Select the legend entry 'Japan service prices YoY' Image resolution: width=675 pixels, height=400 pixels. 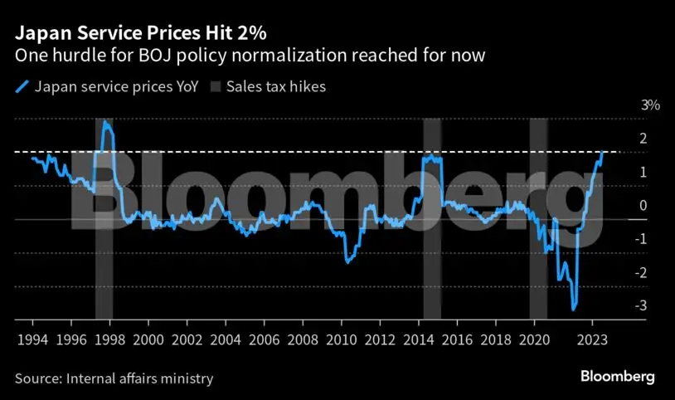tap(104, 86)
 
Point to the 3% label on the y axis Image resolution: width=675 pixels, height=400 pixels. tap(627, 105)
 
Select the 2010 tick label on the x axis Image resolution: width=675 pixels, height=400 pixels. tap(342, 339)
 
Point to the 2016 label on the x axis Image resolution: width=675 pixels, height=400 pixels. tap(458, 339)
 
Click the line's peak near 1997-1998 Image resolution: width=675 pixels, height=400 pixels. tap(105, 122)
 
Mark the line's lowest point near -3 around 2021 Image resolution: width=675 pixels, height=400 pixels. tap(573, 310)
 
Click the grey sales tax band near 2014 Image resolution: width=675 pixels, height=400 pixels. tap(432, 249)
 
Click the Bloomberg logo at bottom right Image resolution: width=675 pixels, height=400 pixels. tap(617, 377)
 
